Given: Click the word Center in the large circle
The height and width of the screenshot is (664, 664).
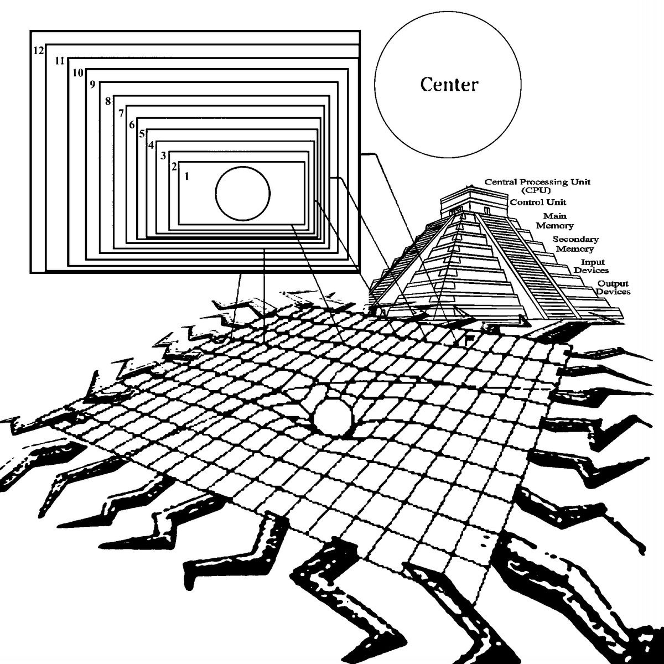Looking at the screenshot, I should tap(448, 85).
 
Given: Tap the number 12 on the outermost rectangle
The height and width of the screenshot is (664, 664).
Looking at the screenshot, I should tap(38, 50).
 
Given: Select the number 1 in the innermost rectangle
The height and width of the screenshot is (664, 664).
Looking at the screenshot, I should tap(187, 177).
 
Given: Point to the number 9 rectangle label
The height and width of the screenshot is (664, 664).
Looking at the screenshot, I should tap(92, 85).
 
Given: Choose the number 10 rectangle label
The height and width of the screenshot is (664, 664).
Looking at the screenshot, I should tap(77, 72).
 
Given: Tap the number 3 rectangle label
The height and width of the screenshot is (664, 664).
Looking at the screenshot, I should tap(163, 155).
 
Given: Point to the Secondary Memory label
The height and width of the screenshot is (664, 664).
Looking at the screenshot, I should tap(575, 244).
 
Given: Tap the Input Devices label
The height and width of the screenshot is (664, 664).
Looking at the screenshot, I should tap(592, 266).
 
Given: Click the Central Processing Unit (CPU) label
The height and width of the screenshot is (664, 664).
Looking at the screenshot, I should tap(530, 185).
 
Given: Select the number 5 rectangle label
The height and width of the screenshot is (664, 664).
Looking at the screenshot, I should tap(142, 134).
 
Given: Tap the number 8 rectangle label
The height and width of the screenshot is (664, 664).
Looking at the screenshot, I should tap(108, 101).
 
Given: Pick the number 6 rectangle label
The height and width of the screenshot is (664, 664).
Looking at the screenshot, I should tap(132, 124).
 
